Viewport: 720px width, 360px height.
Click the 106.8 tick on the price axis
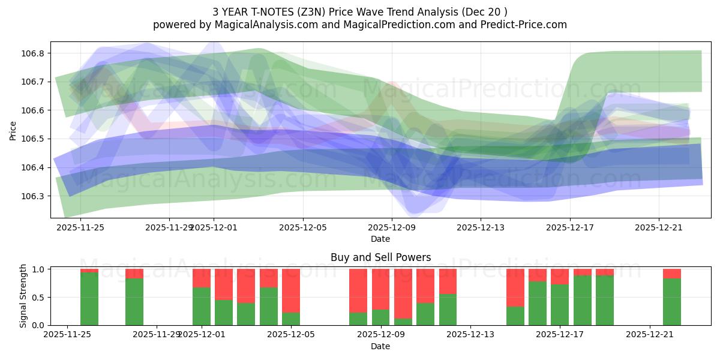click(x=34, y=53)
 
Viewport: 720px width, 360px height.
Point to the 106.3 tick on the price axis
click(x=34, y=196)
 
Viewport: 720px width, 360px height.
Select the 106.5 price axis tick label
click(x=34, y=139)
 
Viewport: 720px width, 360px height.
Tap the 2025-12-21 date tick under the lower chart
click(x=651, y=335)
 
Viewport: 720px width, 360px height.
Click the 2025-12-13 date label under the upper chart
click(x=481, y=227)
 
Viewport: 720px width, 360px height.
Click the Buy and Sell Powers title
click(x=380, y=257)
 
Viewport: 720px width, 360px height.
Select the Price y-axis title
click(x=13, y=130)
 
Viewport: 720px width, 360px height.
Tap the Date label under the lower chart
click(x=380, y=346)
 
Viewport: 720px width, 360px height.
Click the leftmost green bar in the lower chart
click(x=89, y=299)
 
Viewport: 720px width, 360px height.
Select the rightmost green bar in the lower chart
click(x=672, y=302)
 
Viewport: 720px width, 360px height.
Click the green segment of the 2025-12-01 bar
click(x=202, y=307)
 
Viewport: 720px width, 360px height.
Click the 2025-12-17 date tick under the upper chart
click(x=569, y=227)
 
